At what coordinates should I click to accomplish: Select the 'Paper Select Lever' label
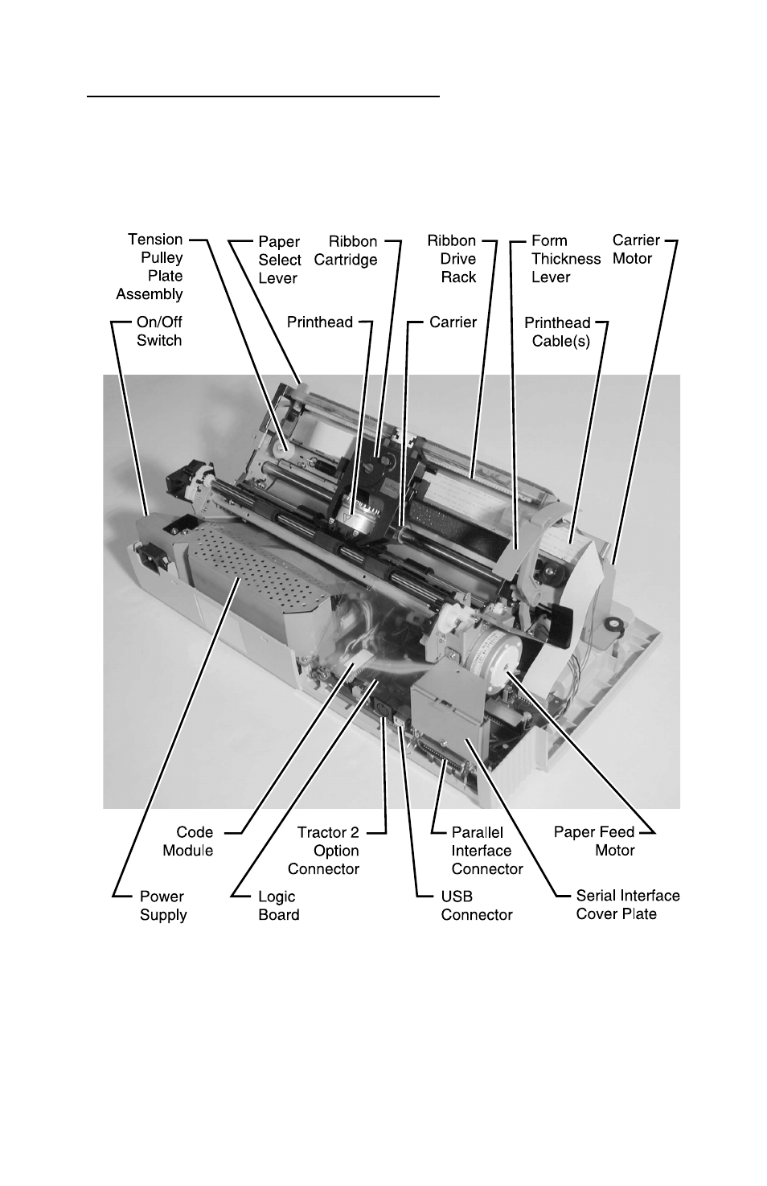279,260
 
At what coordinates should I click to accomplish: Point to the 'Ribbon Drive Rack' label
452,259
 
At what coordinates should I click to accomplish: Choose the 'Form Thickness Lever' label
565,259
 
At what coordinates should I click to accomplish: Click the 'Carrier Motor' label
635,249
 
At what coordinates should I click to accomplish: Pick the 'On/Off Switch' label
159,331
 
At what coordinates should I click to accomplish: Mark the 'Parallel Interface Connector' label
486,851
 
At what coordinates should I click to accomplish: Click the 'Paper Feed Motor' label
595,841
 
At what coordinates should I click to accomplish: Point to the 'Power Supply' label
162,905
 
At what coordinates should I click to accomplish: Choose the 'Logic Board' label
278,905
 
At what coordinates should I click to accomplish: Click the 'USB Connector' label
476,905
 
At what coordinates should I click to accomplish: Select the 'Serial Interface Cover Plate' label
627,905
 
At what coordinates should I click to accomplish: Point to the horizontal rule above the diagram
264,96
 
